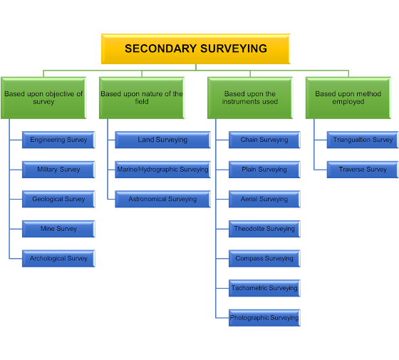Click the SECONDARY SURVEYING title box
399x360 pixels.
196,49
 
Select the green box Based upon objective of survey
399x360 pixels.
43,98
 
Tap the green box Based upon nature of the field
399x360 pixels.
142,98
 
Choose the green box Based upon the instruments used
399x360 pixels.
249,98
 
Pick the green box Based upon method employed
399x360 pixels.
348,98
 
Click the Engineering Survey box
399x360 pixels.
58,140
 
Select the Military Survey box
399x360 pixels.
58,170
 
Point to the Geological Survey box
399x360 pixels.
58,200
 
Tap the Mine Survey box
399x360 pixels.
58,229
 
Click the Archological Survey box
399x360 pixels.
58,259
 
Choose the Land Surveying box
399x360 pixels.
162,140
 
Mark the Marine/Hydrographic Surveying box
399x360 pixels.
162,170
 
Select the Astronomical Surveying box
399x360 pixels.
162,200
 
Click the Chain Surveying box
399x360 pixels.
264,140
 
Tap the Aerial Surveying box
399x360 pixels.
264,200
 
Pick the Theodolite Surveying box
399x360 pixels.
264,229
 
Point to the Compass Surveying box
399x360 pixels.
264,259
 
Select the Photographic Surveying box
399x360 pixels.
264,318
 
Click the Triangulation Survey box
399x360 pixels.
363,140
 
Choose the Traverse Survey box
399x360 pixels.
363,170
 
